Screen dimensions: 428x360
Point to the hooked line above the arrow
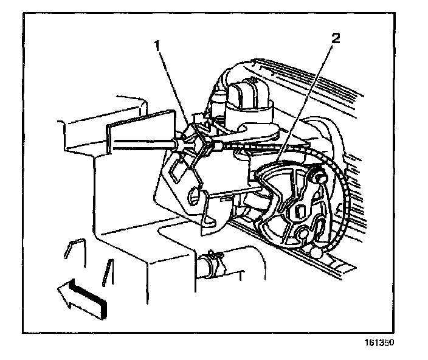(x=74, y=246)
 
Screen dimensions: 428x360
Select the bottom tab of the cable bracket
(x=214, y=225)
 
